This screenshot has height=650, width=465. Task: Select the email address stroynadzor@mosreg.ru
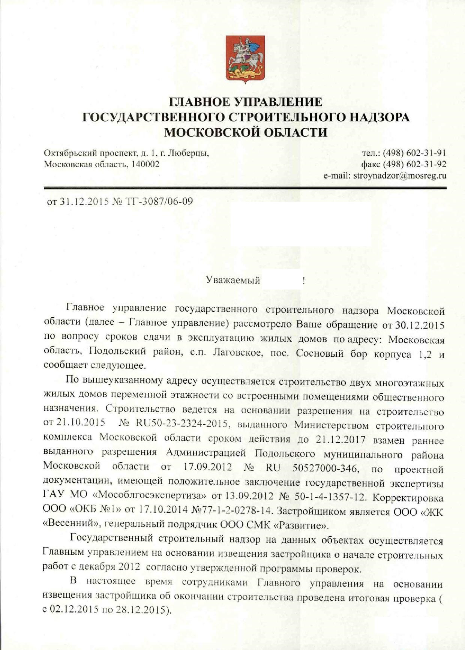[400, 176]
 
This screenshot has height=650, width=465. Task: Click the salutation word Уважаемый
[233, 280]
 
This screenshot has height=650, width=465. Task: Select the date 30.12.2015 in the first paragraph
[420, 324]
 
